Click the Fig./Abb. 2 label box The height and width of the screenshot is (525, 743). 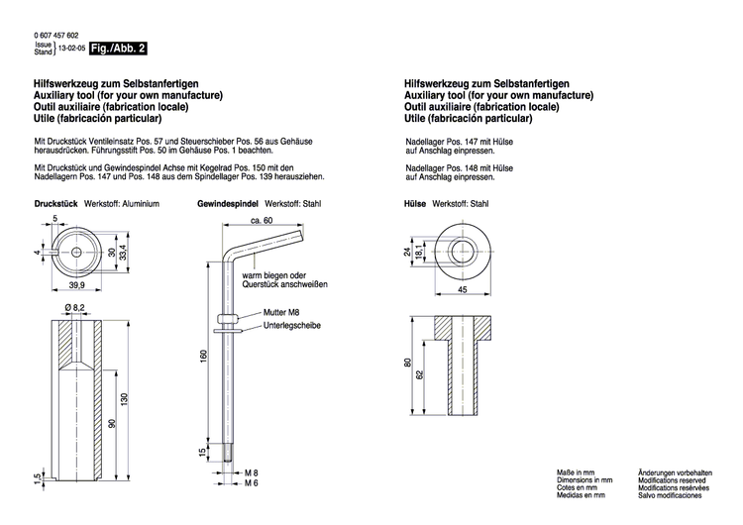(x=119, y=48)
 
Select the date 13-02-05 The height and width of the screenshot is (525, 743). (x=71, y=48)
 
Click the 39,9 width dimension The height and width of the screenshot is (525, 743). (x=75, y=285)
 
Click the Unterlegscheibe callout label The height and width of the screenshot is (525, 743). (x=292, y=326)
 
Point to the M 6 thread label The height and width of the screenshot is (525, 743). (x=252, y=483)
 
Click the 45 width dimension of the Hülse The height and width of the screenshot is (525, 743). (x=462, y=291)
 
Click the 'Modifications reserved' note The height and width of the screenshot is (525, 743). (x=664, y=479)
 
